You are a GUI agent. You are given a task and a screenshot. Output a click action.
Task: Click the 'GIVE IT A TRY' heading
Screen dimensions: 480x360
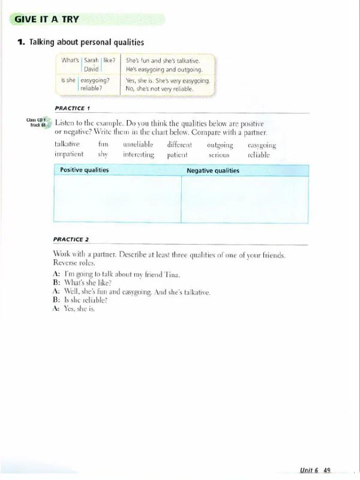point(47,19)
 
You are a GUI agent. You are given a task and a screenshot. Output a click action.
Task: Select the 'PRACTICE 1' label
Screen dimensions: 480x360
point(71,108)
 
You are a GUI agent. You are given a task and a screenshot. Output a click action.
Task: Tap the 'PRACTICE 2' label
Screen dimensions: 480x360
point(71,239)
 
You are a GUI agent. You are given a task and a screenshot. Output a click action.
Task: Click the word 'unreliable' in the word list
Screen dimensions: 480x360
point(138,145)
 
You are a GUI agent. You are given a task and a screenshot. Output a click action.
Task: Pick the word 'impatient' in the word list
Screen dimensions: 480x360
point(68,154)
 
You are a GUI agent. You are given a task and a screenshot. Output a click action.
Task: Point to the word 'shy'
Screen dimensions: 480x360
point(103,154)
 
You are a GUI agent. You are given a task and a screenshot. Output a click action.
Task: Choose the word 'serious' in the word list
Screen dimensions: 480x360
point(219,155)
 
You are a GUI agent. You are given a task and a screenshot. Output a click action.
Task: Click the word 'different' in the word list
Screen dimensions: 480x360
point(179,145)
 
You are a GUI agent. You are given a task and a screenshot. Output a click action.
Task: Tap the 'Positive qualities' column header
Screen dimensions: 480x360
point(85,170)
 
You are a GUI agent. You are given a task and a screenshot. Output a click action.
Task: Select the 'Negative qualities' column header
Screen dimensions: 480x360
point(213,170)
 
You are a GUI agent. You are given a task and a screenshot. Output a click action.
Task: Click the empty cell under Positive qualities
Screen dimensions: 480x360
point(118,199)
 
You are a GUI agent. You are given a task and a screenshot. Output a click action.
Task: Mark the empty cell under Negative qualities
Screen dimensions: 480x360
point(245,199)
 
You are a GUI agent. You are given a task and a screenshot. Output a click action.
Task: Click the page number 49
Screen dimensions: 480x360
point(327,470)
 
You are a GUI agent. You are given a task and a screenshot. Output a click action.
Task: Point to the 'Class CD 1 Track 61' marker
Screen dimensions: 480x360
point(37,122)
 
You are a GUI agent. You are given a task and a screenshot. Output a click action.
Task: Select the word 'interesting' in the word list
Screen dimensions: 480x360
point(139,154)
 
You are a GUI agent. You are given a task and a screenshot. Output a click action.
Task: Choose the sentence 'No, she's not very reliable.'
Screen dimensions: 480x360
point(160,89)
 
